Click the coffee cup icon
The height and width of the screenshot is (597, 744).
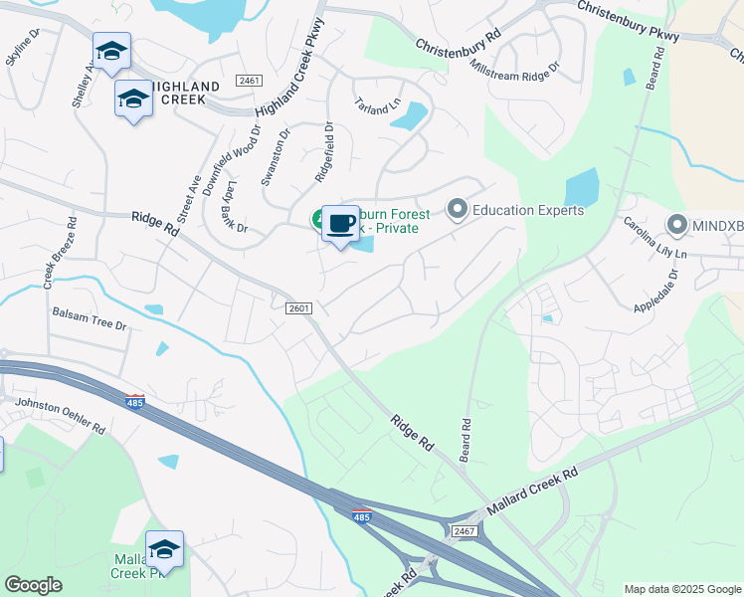point(340,222)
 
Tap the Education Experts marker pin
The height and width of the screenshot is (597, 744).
point(458,209)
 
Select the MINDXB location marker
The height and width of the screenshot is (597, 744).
point(678,225)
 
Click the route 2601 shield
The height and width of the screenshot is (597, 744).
point(299,308)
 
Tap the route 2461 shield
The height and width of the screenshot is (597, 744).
point(249,80)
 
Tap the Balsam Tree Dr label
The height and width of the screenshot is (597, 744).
point(90,318)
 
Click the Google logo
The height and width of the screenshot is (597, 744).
point(33,585)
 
